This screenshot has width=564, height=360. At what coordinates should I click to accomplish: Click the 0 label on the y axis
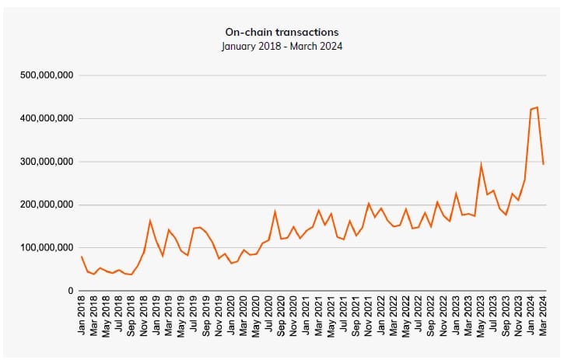[69, 291]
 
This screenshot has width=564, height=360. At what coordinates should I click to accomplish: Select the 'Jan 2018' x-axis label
[82, 316]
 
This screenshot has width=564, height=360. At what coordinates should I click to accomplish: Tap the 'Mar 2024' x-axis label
[544, 316]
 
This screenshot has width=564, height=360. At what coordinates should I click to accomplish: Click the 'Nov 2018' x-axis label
[145, 316]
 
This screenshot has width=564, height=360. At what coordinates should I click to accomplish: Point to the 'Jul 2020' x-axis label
[269, 316]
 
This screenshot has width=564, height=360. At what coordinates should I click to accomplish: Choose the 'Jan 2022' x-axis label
[381, 316]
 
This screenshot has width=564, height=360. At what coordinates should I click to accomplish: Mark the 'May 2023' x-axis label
[482, 316]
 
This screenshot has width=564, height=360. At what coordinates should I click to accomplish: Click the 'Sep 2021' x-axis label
[356, 316]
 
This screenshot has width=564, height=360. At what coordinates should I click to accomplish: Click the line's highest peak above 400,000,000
[537, 107]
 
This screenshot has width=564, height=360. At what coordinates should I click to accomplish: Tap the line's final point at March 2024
[543, 164]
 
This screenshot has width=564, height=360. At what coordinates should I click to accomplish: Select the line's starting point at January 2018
[82, 257]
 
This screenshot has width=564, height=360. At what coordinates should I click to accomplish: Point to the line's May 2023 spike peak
[481, 165]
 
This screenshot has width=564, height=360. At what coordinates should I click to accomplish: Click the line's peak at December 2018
[150, 221]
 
